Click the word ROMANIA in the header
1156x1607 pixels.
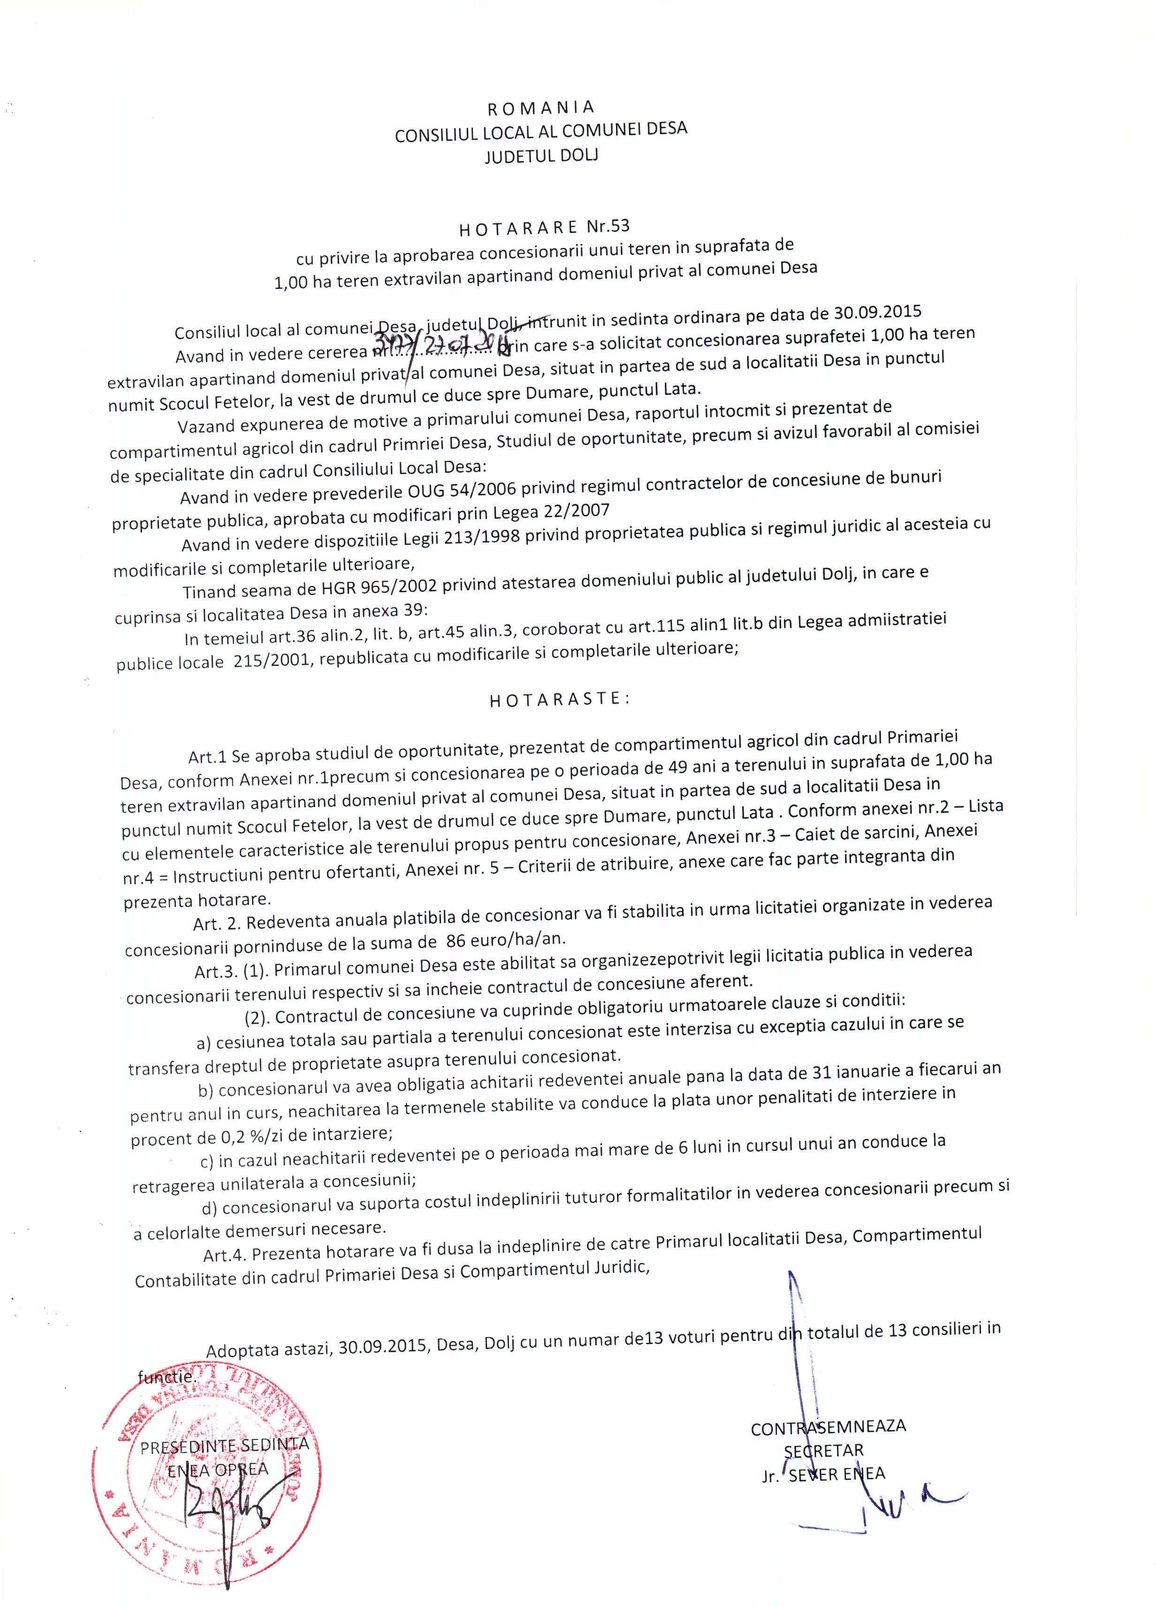[x=540, y=107]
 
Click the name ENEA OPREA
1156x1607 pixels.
[x=218, y=1469]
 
